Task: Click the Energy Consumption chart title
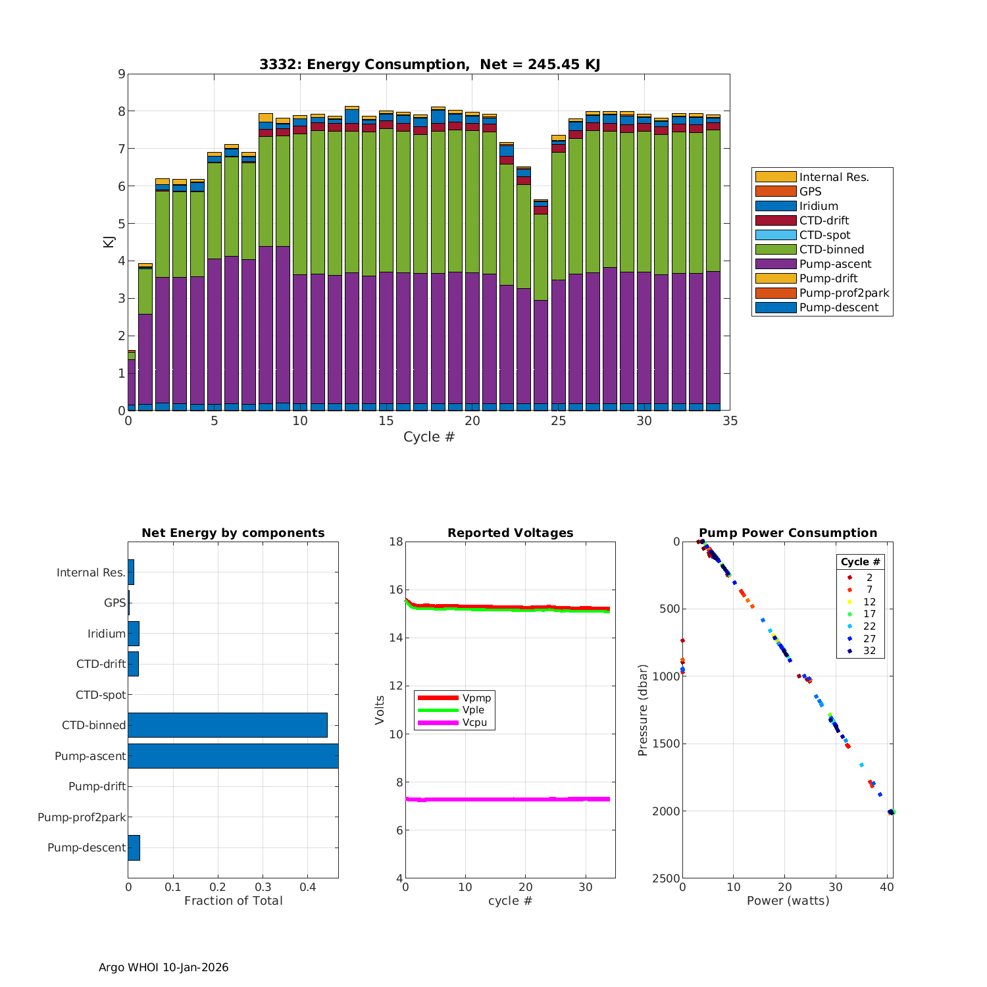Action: tap(429, 64)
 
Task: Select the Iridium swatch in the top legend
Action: tap(775, 206)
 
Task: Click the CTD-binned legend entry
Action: tap(831, 249)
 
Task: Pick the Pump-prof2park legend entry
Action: tap(844, 293)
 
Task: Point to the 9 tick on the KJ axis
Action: tap(121, 74)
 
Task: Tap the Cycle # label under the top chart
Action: tap(429, 437)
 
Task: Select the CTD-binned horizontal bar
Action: tap(228, 724)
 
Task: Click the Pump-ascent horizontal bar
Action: tap(233, 755)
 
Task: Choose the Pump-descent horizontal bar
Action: tap(134, 848)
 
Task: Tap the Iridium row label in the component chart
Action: tap(107, 634)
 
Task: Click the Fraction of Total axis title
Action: tap(233, 901)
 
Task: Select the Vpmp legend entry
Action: tap(476, 697)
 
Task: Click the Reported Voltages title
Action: tap(510, 533)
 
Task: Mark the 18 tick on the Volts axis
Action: tap(396, 542)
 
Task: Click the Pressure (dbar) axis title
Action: tap(643, 710)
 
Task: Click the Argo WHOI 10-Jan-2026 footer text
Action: tap(163, 967)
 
